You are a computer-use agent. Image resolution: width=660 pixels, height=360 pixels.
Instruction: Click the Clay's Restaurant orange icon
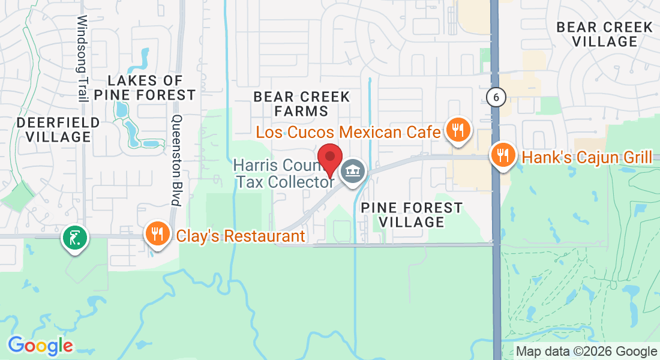[x=157, y=233]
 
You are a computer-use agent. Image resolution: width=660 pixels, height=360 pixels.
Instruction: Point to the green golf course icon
[x=75, y=238]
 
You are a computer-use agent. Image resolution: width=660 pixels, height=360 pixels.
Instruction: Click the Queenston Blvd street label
[x=176, y=160]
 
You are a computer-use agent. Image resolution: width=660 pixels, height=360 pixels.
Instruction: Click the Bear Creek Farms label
[x=301, y=104]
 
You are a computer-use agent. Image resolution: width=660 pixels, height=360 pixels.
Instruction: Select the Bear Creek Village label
[x=604, y=34]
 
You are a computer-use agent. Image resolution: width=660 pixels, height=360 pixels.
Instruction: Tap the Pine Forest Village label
[x=412, y=215]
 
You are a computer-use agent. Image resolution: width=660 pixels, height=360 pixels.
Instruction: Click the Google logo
[x=40, y=346]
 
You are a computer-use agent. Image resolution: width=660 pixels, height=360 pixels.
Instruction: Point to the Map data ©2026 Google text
[x=586, y=352]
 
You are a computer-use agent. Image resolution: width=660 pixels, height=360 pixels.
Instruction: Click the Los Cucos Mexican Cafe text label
[x=349, y=132]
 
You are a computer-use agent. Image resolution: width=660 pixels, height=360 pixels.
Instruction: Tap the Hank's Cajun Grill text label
[x=587, y=158]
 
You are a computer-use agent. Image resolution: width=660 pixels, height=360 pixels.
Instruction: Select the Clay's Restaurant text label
[x=240, y=236]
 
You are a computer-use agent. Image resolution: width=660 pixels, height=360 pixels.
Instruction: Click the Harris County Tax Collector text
[x=284, y=173]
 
